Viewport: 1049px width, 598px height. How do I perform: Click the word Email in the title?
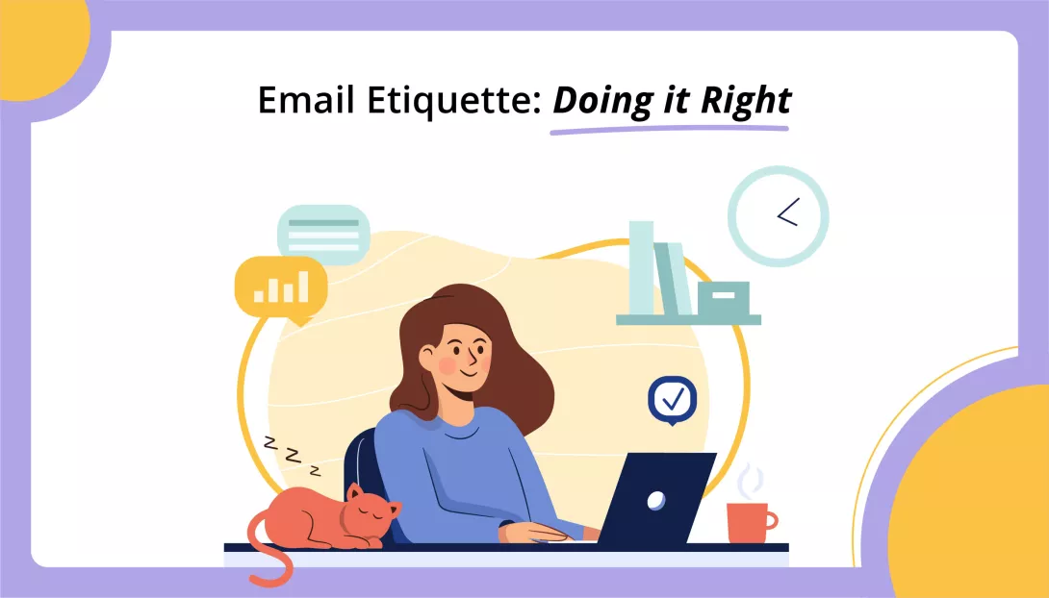click(x=296, y=100)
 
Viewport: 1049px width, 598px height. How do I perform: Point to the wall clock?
click(x=778, y=216)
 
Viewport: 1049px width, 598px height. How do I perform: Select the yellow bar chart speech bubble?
click(x=281, y=286)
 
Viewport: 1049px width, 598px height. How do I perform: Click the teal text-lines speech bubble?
click(x=323, y=234)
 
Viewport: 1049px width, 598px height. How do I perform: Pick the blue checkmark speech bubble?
click(x=672, y=396)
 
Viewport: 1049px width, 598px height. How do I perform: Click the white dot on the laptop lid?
click(x=655, y=499)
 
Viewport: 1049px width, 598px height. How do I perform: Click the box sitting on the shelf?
click(x=723, y=299)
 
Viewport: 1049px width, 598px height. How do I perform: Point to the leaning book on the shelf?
click(x=676, y=279)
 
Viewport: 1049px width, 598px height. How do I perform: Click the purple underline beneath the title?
click(x=670, y=126)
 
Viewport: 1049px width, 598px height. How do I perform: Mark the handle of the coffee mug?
click(x=771, y=521)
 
